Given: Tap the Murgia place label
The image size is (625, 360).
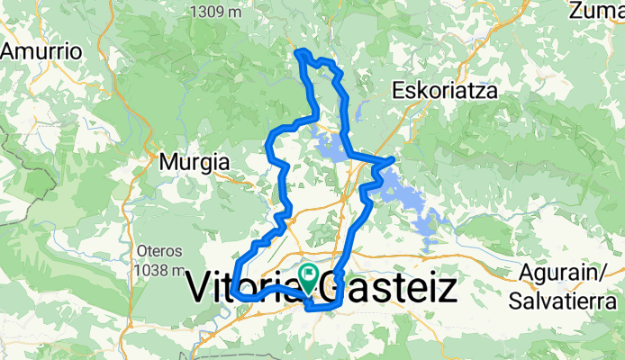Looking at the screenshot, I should [194, 163].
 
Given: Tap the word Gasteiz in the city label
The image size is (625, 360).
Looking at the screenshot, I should [394, 288].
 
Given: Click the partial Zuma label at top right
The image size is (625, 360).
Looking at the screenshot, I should [596, 11].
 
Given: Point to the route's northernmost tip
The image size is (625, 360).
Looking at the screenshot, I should [299, 52].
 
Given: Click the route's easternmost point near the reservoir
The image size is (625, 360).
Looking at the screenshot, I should [394, 159].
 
